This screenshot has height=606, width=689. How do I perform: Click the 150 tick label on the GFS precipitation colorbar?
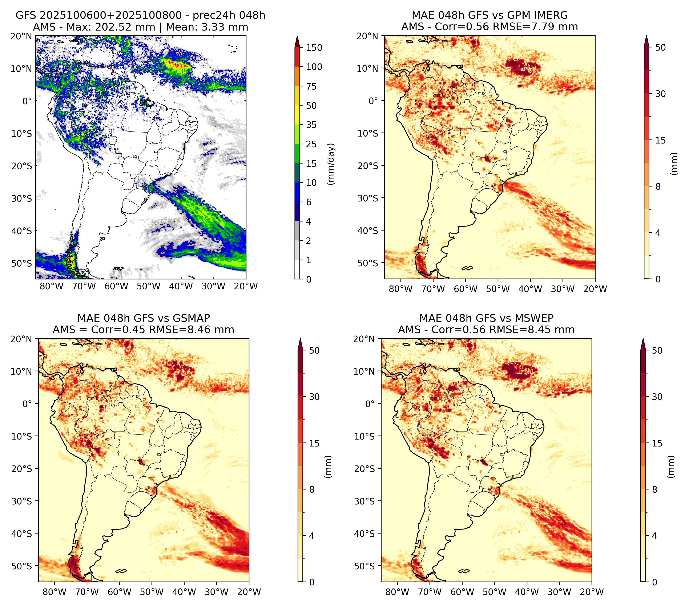[314, 48]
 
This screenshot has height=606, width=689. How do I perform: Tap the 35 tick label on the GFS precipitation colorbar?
[311, 125]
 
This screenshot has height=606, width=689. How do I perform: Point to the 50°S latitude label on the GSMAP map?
[24, 566]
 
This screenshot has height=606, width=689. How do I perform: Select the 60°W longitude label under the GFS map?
[116, 286]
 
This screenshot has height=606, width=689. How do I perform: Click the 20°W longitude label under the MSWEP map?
[592, 592]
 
